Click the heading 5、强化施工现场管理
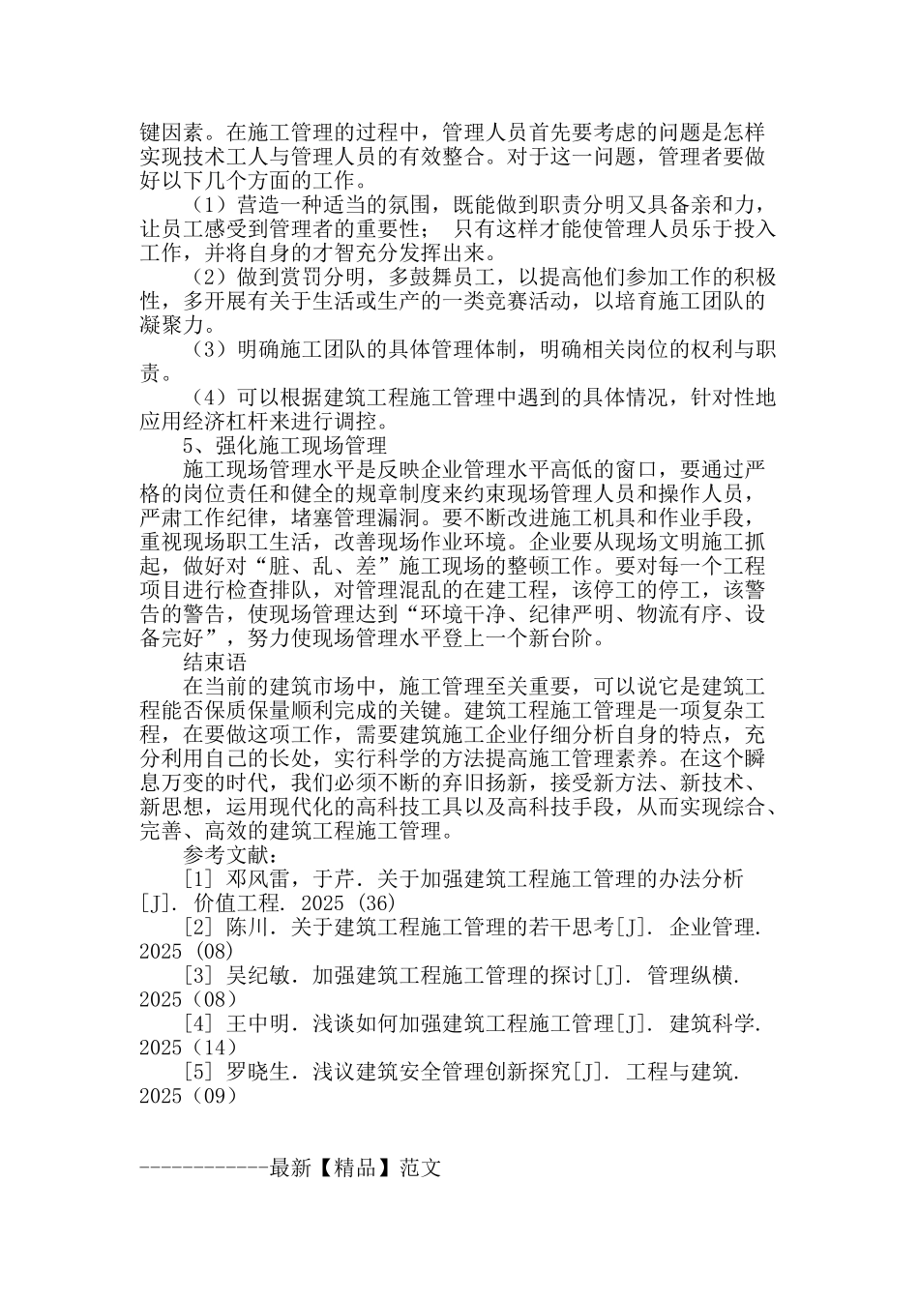tap(284, 446)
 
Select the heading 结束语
tap(215, 663)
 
